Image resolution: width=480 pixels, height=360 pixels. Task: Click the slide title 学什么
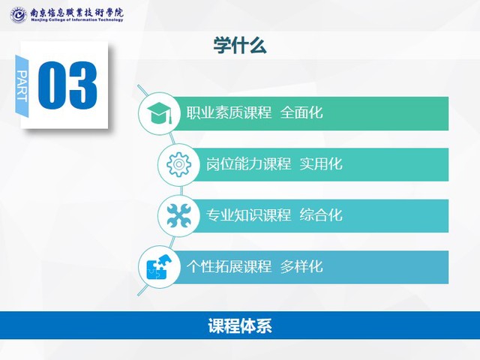[240, 46]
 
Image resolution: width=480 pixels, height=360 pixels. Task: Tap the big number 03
[67, 85]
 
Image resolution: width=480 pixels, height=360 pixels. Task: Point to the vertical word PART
[22, 86]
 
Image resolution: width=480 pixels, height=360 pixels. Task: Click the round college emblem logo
[19, 15]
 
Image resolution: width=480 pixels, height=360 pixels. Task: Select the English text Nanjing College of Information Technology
[76, 20]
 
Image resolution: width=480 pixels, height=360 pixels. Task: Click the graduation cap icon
[159, 113]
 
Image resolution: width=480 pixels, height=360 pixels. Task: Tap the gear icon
[179, 164]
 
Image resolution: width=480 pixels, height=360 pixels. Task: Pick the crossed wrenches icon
[179, 216]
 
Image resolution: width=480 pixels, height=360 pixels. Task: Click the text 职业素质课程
[229, 112]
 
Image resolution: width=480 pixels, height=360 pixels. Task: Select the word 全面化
[301, 112]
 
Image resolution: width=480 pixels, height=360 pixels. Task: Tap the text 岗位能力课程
[248, 164]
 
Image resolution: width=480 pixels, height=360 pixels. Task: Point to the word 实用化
[321, 164]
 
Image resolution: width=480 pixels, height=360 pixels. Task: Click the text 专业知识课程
[248, 215]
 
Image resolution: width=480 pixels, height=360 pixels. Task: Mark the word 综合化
[321, 215]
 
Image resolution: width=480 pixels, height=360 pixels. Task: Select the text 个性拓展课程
[229, 267]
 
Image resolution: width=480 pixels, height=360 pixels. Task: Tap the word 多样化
[301, 267]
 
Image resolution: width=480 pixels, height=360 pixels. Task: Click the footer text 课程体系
[240, 325]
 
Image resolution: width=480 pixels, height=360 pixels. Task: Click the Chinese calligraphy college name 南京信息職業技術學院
[76, 12]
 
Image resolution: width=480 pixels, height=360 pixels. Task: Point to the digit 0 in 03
[52, 85]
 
